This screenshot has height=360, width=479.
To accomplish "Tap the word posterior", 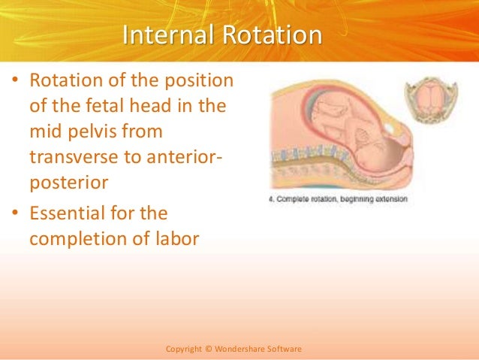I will tap(65, 183).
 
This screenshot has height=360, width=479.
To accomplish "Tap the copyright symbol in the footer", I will tap(206, 349).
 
